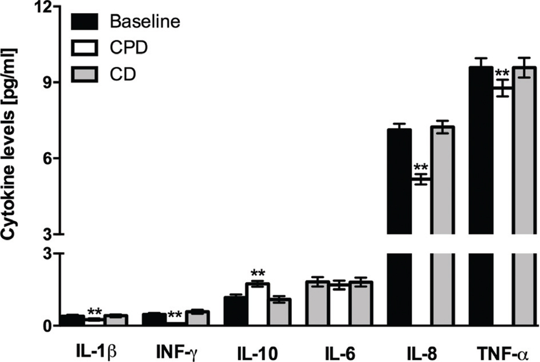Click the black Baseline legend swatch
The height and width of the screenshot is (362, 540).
[x=87, y=22]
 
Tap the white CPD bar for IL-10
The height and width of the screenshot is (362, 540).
[x=258, y=304]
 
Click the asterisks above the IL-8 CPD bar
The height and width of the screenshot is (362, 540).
[x=421, y=168]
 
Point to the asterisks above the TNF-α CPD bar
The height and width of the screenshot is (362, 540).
[x=502, y=73]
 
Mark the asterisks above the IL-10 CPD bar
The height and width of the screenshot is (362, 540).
[x=258, y=272]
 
